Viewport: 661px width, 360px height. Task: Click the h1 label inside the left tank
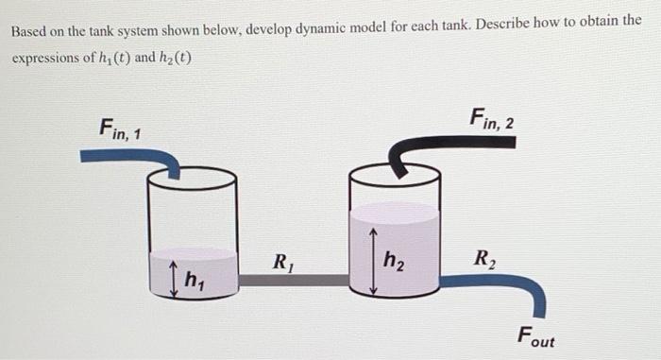pyautogui.click(x=195, y=280)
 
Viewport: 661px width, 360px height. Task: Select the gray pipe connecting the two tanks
pyautogui.click(x=292, y=280)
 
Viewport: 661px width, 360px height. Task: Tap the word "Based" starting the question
pyautogui.click(x=29, y=31)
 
